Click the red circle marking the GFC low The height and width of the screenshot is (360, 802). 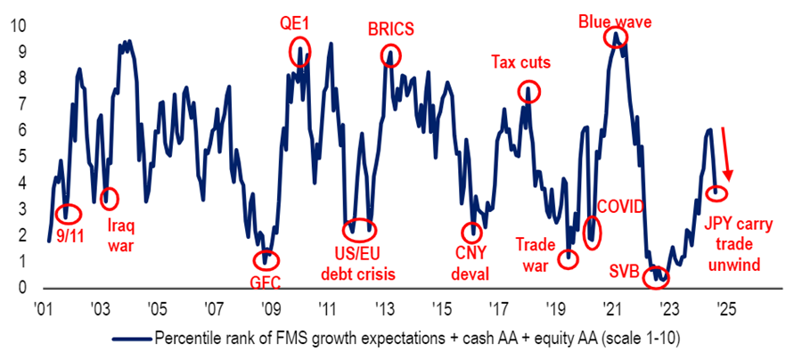[265, 260]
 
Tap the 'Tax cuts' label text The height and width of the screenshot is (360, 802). [520, 62]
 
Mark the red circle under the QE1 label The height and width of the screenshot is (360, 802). [300, 51]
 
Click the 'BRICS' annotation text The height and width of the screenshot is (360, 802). [390, 29]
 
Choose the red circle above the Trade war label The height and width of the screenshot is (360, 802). [569, 259]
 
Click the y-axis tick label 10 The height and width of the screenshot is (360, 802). [13, 26]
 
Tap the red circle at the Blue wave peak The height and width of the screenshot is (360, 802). [615, 37]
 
